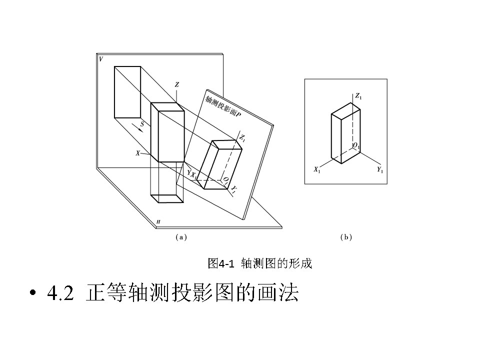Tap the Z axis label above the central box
(x=176, y=85)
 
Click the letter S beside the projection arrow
(x=142, y=123)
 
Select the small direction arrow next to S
(x=141, y=129)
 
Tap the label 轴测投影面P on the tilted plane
(x=222, y=107)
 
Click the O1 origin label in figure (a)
(x=226, y=180)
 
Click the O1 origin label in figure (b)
(x=356, y=146)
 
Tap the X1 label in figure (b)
(x=317, y=170)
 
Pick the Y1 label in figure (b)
(x=380, y=170)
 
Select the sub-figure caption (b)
(x=346, y=237)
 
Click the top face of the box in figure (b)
(x=345, y=110)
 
